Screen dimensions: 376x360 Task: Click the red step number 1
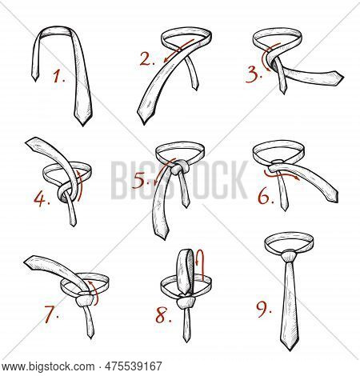coord(58,78)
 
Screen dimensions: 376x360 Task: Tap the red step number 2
coord(146,58)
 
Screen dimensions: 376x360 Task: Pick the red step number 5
coord(142,181)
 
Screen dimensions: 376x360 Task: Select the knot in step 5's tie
coord(180,166)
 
